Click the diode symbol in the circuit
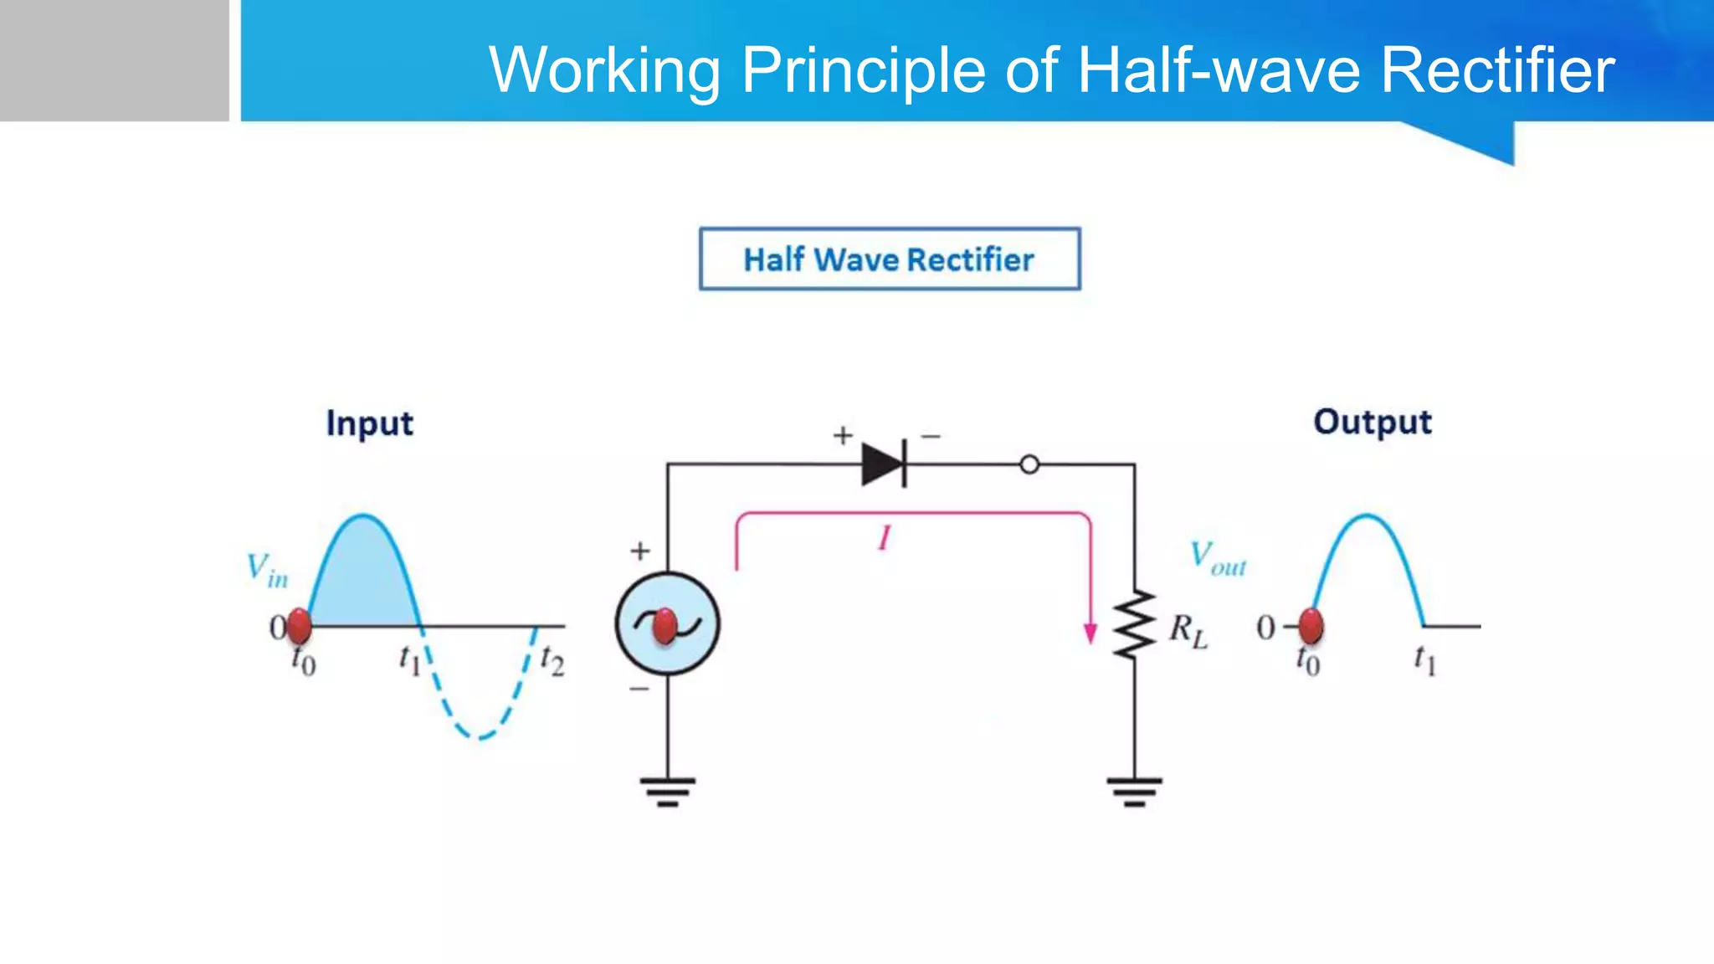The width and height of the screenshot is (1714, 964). [x=884, y=464]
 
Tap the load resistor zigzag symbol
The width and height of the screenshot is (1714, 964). [x=1134, y=624]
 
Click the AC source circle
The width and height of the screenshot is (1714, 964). [x=667, y=623]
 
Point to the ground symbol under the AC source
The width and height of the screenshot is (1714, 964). [x=667, y=791]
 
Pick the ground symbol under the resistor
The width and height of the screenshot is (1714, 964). [x=1134, y=791]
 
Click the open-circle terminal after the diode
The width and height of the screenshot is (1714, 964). [x=1029, y=464]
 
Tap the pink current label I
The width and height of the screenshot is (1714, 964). [x=884, y=538]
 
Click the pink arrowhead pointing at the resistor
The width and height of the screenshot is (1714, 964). [x=1090, y=633]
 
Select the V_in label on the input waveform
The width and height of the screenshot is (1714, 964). [x=267, y=570]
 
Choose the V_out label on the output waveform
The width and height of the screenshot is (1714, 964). [x=1218, y=558]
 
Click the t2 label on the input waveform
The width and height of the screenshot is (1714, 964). [x=552, y=660]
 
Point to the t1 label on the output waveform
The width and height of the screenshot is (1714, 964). [x=1424, y=660]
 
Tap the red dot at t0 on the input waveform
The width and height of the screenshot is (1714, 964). [x=299, y=626]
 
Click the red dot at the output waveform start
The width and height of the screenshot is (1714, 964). [x=1311, y=626]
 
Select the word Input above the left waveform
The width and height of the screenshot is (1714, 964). [x=369, y=423]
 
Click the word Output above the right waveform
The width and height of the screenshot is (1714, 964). [x=1373, y=422]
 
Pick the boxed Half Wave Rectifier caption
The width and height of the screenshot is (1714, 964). [x=890, y=259]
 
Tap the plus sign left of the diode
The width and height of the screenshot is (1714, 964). [x=843, y=435]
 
